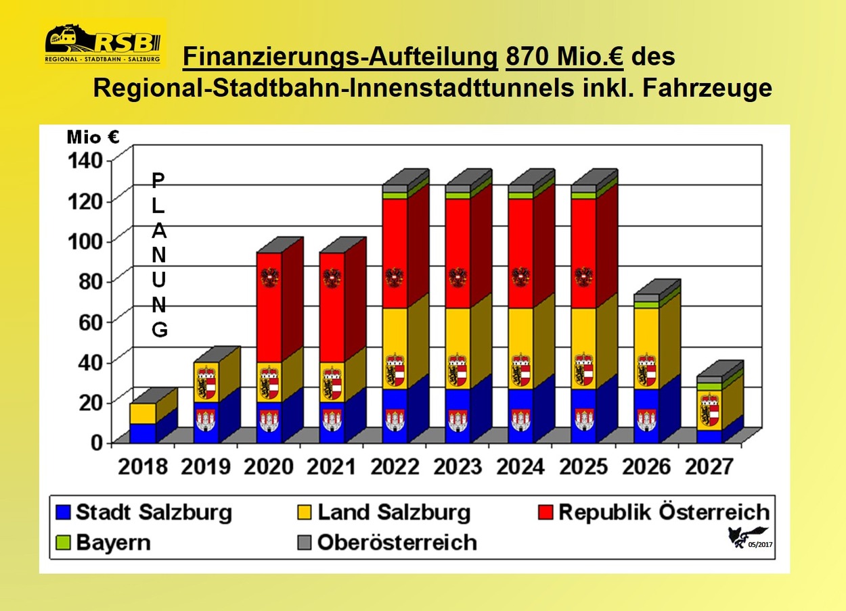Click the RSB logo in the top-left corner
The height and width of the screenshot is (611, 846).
click(104, 43)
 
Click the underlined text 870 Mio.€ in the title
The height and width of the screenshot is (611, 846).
click(564, 57)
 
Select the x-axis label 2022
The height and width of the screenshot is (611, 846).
click(397, 466)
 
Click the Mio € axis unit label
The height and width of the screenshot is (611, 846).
click(93, 137)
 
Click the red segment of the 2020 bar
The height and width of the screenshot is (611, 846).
click(269, 308)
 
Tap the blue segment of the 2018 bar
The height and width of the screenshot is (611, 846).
click(143, 433)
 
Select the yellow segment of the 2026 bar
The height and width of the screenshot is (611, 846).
click(646, 338)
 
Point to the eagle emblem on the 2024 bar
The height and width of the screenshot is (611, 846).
click(520, 277)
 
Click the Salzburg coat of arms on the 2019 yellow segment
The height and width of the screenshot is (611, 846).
click(206, 383)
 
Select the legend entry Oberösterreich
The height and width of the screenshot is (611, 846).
click(387, 542)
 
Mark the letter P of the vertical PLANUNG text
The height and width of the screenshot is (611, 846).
click(157, 180)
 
